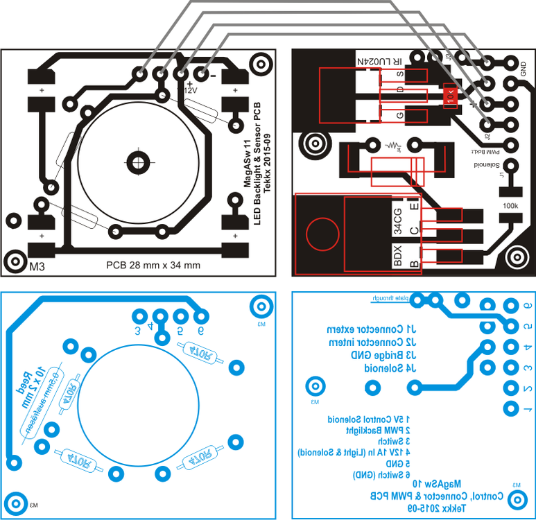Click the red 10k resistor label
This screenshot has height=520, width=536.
click(450, 96)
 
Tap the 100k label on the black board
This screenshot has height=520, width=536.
click(510, 206)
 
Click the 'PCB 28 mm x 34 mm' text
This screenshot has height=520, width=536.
click(153, 264)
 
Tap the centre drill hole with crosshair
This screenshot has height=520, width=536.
click(139, 162)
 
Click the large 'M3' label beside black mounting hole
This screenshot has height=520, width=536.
click(36, 265)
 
